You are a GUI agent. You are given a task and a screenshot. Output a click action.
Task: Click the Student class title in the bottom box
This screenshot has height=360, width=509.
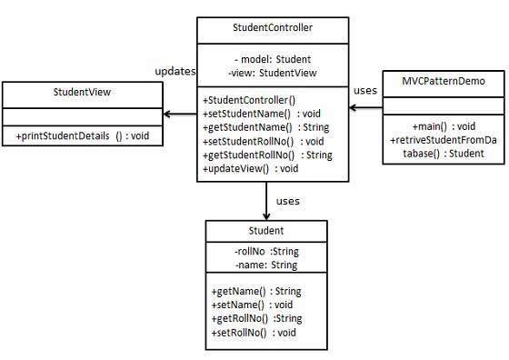point(264,231)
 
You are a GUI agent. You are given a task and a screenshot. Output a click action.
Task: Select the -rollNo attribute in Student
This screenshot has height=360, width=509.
point(264,251)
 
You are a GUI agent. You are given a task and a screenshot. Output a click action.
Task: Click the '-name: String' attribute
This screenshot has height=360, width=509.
point(264,265)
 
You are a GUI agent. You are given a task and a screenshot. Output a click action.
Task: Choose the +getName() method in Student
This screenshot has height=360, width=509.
point(255,291)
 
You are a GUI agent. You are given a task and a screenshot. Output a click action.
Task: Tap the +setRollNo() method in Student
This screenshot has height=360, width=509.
point(254,333)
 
